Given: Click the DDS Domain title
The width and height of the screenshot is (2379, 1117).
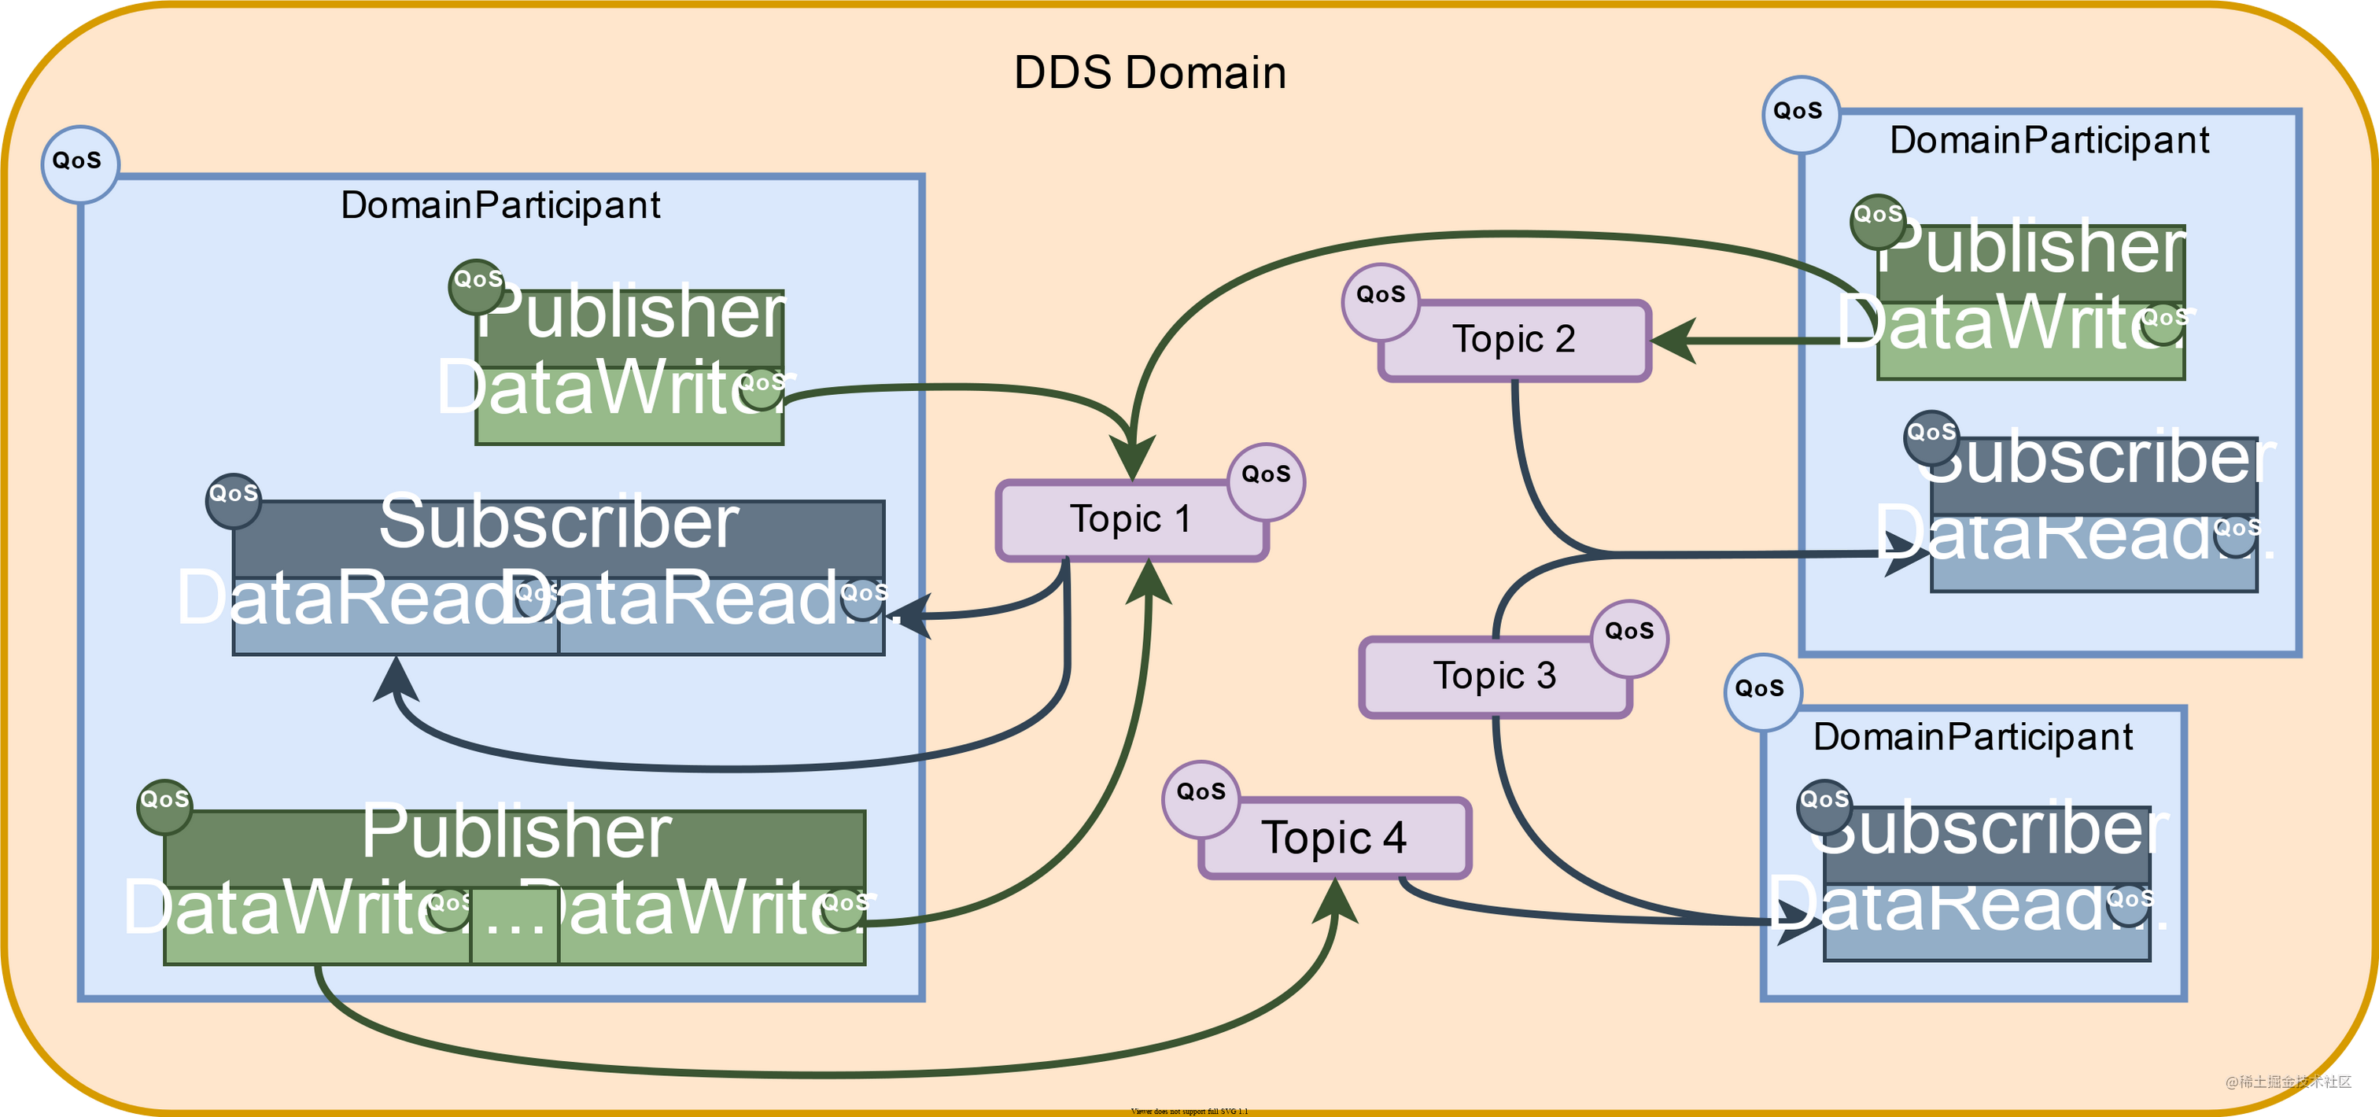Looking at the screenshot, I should [x=1150, y=73].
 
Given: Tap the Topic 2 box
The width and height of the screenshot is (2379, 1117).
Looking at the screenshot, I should [x=1514, y=340].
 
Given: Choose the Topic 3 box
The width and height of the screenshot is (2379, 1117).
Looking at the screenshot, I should [x=1494, y=676].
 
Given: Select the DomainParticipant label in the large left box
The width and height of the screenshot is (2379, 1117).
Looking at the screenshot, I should [x=500, y=205].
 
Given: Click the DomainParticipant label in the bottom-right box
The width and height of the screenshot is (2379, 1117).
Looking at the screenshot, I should [x=1972, y=736].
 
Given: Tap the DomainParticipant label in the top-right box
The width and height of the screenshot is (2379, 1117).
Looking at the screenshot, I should [x=2049, y=140].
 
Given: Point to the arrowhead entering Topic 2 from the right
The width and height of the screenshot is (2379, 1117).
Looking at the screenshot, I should [x=1673, y=340].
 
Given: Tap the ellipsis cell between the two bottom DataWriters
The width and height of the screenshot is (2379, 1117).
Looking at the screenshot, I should [x=514, y=926].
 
